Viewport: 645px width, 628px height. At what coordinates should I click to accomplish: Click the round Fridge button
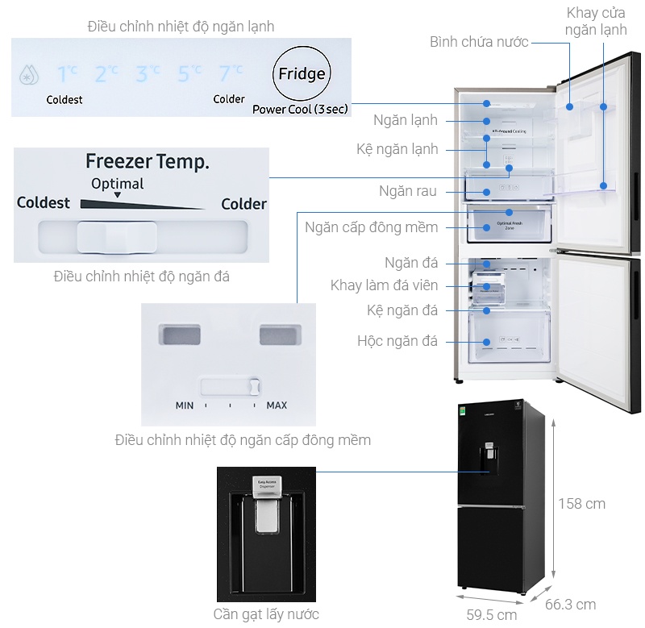(302, 74)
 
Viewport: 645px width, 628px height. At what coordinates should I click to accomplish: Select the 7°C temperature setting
(230, 73)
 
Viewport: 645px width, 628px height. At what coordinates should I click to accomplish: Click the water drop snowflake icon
(29, 75)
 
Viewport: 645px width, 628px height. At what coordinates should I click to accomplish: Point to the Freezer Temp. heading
(148, 161)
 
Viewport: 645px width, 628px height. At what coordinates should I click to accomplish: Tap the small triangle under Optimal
(117, 196)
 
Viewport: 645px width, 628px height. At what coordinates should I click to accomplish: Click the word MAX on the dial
(277, 405)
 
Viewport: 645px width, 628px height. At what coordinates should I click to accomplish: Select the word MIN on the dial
(185, 405)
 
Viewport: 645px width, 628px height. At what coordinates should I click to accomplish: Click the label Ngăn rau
(408, 191)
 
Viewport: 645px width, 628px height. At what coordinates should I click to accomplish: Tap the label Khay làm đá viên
(385, 285)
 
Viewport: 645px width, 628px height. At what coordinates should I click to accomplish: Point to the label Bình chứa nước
(479, 41)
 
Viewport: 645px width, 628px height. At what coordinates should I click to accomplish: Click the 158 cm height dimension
(581, 504)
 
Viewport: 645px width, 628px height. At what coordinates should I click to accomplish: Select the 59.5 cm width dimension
(491, 615)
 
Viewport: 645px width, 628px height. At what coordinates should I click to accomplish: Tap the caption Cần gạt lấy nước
(266, 614)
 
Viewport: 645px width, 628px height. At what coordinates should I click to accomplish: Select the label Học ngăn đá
(397, 341)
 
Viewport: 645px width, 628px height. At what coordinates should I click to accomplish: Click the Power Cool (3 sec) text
(300, 109)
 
